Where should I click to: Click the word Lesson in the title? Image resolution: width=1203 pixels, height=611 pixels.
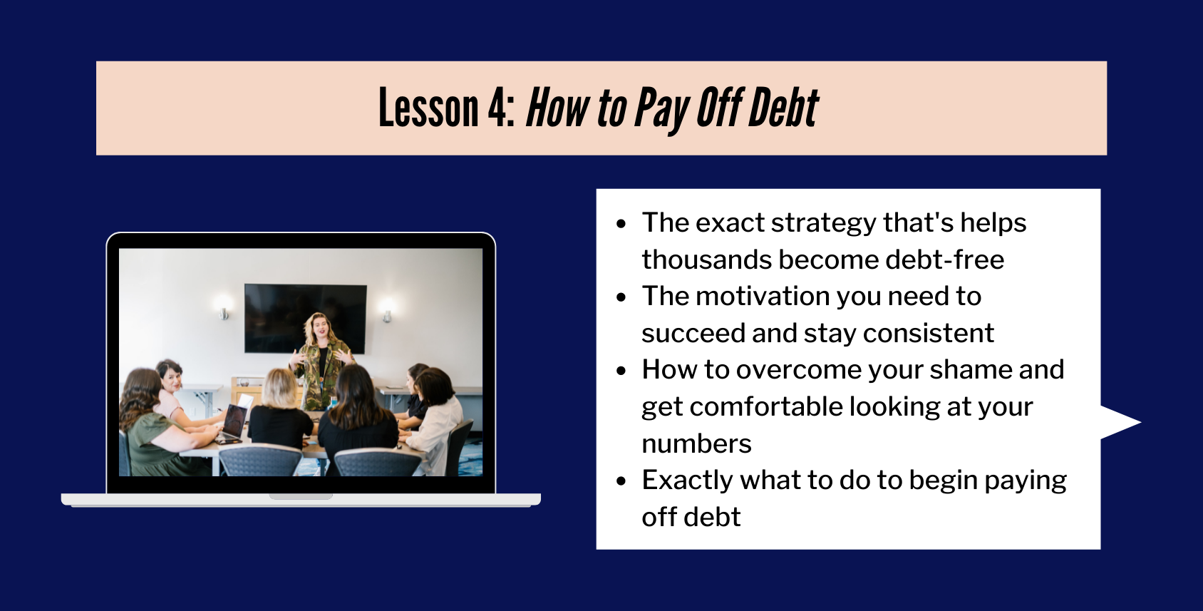[428, 108]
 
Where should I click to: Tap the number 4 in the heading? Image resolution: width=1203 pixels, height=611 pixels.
[497, 108]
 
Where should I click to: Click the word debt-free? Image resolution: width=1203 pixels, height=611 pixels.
[945, 260]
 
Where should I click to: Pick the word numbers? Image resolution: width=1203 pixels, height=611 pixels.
[696, 444]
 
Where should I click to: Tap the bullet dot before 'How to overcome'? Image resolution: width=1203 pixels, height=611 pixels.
[621, 371]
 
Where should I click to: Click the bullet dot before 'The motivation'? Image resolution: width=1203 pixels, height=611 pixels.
[621, 297]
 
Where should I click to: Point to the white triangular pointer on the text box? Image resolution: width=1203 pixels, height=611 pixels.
[1116, 422]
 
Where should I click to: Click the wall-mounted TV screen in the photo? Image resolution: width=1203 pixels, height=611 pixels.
[306, 318]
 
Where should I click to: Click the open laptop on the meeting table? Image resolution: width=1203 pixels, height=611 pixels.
[234, 422]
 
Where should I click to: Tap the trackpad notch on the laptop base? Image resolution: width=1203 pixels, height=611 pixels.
[301, 496]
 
